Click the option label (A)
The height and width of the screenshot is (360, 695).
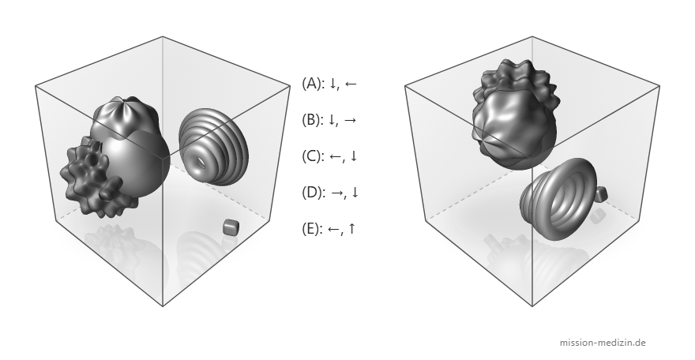(313, 83)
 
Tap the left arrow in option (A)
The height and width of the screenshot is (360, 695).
(350, 84)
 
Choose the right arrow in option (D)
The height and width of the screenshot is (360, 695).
(337, 193)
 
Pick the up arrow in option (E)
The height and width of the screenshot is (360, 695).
(351, 229)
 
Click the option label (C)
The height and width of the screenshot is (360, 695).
(313, 156)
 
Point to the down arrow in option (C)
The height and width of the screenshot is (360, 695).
(353, 156)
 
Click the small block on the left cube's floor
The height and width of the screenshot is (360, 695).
(231, 227)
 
